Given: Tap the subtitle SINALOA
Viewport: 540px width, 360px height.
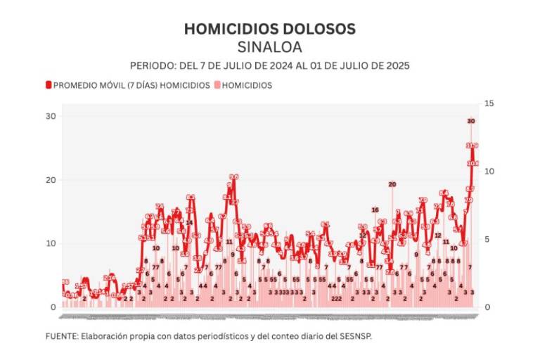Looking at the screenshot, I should pyautogui.click(x=270, y=47).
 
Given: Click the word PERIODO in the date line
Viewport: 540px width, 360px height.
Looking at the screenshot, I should pyautogui.click(x=149, y=65).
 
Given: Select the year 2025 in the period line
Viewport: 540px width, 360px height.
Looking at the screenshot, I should pyautogui.click(x=397, y=65).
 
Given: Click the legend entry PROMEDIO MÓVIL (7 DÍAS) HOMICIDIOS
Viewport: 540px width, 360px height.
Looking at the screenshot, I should pyautogui.click(x=131, y=85).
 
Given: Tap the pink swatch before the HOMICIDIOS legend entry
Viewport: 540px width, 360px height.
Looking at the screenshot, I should pyautogui.click(x=217, y=85).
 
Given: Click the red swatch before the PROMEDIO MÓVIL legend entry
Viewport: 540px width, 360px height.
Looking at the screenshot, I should pyautogui.click(x=49, y=85).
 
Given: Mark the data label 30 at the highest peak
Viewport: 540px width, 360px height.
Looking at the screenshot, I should pyautogui.click(x=471, y=121).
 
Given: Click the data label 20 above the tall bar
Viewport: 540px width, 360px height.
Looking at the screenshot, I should pyautogui.click(x=392, y=184).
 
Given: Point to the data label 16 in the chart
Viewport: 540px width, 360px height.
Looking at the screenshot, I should pyautogui.click(x=375, y=210).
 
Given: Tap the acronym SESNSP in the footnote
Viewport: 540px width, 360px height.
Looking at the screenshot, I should pyautogui.click(x=356, y=336).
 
